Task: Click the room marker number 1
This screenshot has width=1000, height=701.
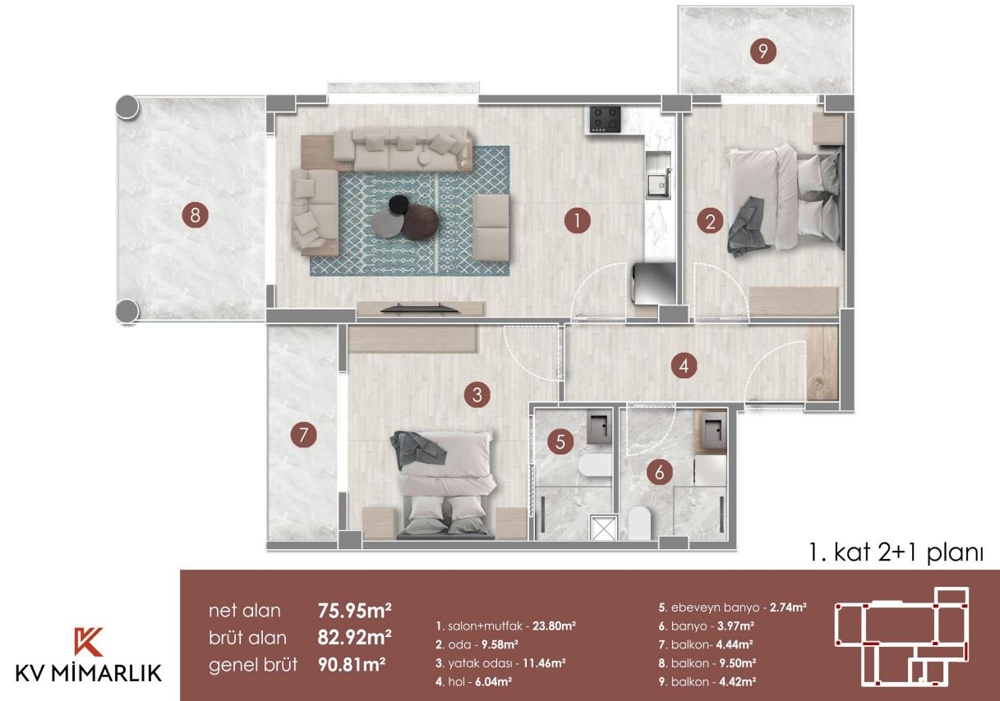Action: coord(577,221)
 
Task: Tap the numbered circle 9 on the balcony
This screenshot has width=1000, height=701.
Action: coord(763,51)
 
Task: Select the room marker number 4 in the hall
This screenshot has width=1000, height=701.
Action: coord(684,366)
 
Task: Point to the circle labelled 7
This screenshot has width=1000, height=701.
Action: coord(303,435)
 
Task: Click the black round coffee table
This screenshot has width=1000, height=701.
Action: coord(399,204)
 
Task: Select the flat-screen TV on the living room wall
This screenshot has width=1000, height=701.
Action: coord(419,308)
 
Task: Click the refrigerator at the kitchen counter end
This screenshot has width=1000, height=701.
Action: coord(654,284)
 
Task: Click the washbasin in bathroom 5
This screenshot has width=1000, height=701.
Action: coord(601,427)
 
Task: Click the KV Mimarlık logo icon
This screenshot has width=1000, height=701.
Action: coord(88,641)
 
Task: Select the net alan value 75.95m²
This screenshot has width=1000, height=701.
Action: coord(354,611)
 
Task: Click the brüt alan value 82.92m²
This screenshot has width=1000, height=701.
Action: coord(354,638)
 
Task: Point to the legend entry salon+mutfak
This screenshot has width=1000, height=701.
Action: coord(505,626)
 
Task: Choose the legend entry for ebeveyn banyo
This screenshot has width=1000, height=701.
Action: coord(733,607)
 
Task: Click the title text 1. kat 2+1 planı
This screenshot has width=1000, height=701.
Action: coord(896,553)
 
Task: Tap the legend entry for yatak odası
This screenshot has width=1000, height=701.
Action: coord(500,663)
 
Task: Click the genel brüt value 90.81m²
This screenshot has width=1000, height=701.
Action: coord(352,665)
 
